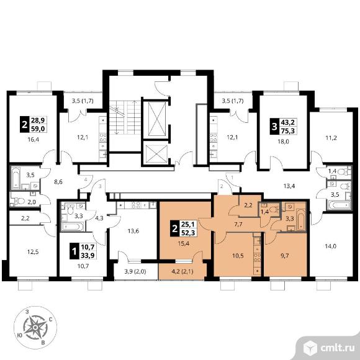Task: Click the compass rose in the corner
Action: (35, 328)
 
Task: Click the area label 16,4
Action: (33, 140)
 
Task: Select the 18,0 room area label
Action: (283, 142)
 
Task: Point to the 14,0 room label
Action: (331, 246)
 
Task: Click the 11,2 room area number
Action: (331, 138)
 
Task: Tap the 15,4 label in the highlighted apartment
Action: (184, 243)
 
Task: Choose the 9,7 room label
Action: (284, 256)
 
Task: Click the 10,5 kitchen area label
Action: (238, 256)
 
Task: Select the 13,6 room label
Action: (133, 231)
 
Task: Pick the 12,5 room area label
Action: (33, 252)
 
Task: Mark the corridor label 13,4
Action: (289, 186)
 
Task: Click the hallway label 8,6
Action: (58, 182)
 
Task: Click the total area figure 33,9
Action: (88, 255)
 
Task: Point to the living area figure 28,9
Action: (38, 120)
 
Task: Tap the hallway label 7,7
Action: (238, 224)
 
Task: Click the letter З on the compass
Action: (27, 312)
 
